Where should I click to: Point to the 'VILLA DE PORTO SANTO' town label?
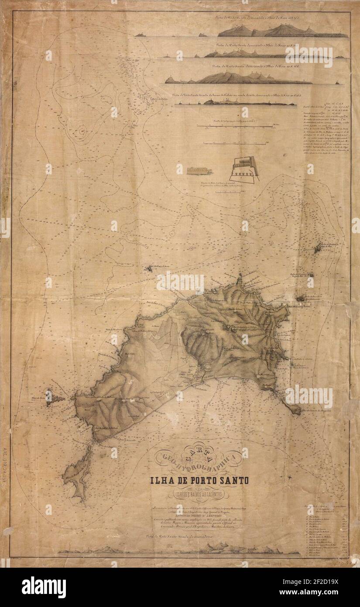[188, 374]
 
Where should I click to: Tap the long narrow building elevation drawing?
[199, 171]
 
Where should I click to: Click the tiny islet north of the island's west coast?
[150, 269]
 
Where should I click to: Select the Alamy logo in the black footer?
[44, 587]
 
